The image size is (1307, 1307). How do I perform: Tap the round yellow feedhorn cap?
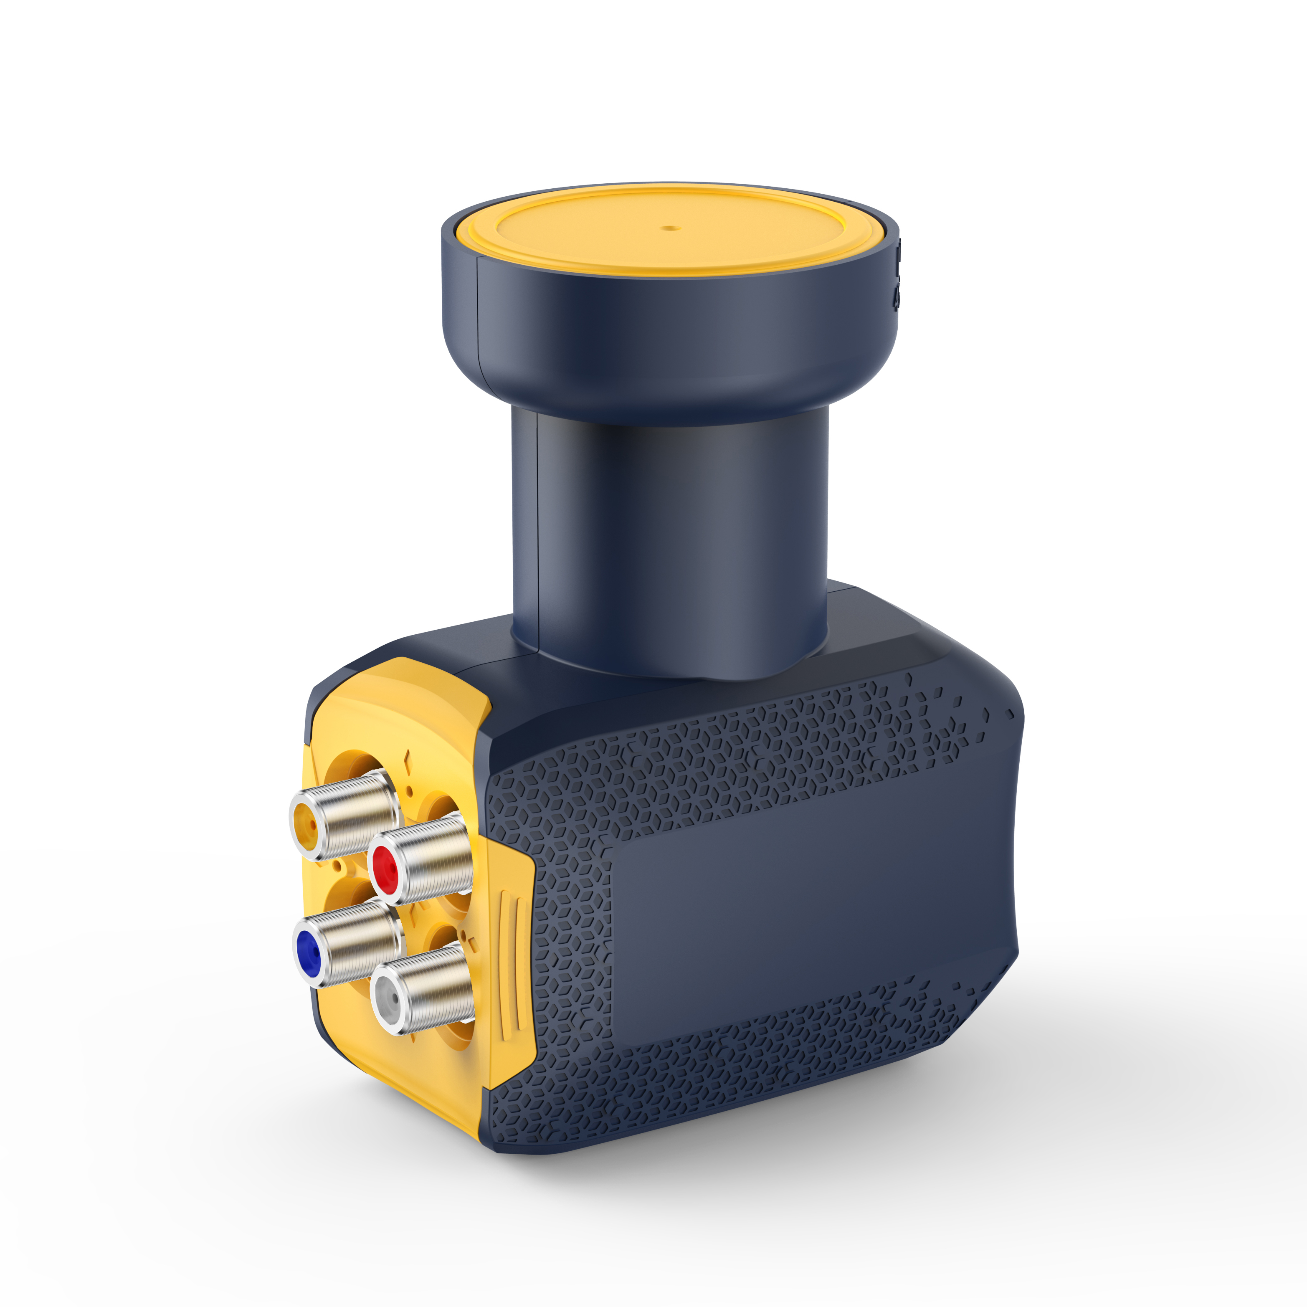[x=669, y=230]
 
